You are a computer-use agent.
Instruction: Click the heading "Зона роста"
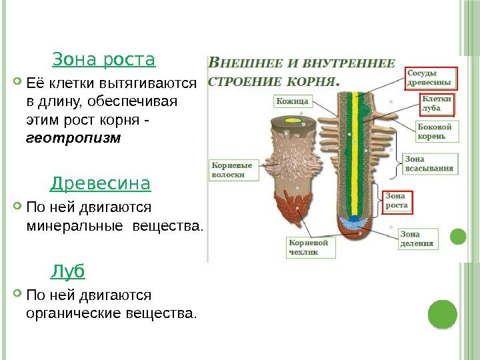coord(103,60)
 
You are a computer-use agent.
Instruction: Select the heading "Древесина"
coord(101,183)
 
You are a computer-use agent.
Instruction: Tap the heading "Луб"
coord(69,271)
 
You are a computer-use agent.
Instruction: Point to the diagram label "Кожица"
coord(292,101)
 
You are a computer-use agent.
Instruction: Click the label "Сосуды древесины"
coord(430,78)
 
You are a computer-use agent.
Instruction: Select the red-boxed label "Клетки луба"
coord(437,103)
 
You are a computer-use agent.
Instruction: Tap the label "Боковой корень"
coord(435,131)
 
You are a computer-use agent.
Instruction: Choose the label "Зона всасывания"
coord(429,163)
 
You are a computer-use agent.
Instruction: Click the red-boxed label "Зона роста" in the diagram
coord(398,201)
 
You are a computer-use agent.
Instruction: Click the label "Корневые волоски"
coord(232,169)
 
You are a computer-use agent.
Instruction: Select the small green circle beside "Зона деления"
coord(457,236)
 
